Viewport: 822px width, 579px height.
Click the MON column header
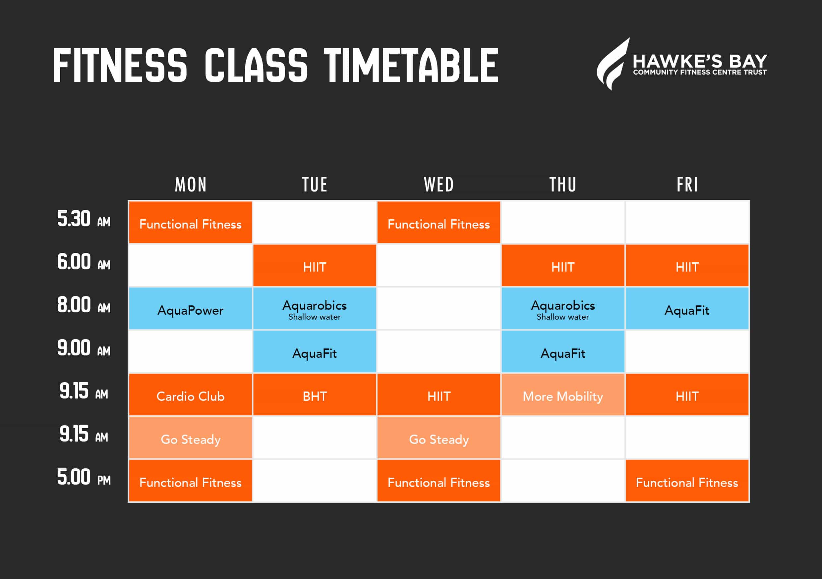(191, 184)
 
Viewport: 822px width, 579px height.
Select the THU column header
(563, 184)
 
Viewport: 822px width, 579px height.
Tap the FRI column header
(687, 184)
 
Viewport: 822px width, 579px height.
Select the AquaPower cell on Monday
(191, 308)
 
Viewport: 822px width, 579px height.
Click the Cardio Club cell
(191, 395)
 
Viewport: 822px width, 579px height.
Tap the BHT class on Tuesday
(315, 395)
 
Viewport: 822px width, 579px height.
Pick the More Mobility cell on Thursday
(563, 395)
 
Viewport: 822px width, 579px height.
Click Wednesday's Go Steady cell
(439, 437)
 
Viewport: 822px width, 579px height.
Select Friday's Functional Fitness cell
(687, 481)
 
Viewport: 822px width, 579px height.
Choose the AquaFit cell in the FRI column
(687, 308)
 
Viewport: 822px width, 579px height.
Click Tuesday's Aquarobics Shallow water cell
(315, 308)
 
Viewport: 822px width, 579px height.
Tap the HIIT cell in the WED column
(439, 395)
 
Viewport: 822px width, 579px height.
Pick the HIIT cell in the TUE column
(315, 266)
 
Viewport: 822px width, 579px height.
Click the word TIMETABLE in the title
(411, 65)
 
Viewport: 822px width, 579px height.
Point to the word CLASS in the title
(256, 65)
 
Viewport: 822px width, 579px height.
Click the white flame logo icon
(613, 64)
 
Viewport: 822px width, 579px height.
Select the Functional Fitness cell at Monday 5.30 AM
(191, 222)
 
